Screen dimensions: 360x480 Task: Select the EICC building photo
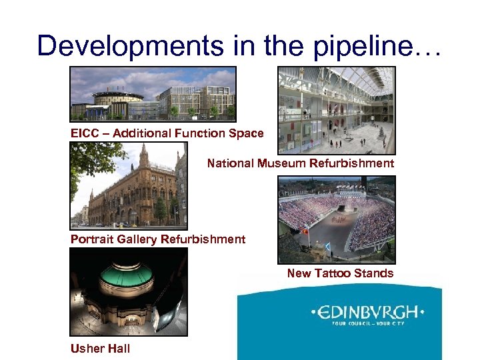click(x=153, y=93)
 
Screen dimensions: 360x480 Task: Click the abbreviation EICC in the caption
click(x=85, y=133)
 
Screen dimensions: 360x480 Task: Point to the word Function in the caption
click(x=196, y=133)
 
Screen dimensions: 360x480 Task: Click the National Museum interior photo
click(x=336, y=110)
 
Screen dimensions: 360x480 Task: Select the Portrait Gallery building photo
click(x=129, y=186)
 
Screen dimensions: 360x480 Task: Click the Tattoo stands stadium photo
click(x=336, y=219)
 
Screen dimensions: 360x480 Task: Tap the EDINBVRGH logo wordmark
click(x=367, y=312)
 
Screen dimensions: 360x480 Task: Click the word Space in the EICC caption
click(x=247, y=133)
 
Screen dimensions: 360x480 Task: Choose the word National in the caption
click(x=229, y=163)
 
